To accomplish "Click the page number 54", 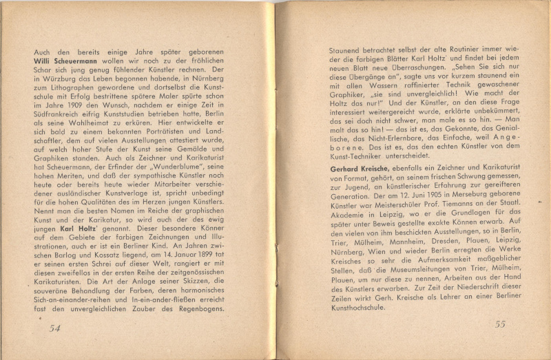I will pyautogui.click(x=55, y=328).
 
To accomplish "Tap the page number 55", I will pyautogui.click(x=500, y=324).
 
